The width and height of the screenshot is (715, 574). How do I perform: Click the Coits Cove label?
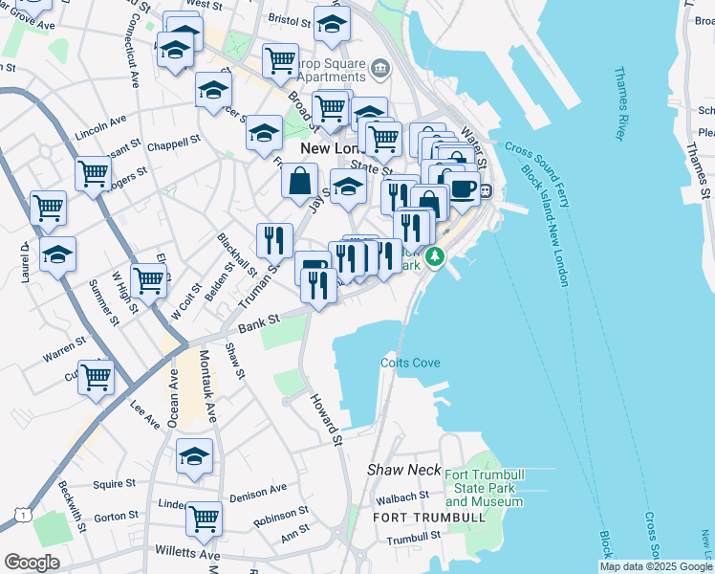tap(410, 363)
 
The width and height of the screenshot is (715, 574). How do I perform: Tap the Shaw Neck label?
tap(401, 471)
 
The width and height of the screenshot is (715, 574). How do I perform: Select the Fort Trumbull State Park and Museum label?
tap(484, 488)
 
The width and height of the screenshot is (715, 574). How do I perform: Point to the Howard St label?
tap(326, 418)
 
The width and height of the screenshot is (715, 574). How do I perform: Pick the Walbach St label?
tap(401, 497)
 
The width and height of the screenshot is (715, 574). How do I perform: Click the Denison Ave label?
tap(258, 490)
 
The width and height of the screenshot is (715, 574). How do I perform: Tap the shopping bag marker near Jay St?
tap(299, 179)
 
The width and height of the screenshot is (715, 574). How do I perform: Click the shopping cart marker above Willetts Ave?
tap(203, 519)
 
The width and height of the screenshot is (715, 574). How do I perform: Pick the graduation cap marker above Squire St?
tap(194, 454)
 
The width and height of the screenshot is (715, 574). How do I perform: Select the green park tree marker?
tap(435, 256)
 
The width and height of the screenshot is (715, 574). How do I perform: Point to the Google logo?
tap(32, 562)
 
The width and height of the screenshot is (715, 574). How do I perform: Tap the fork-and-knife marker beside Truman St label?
tap(274, 239)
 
